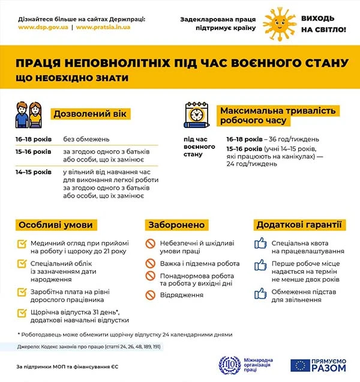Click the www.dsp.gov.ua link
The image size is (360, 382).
(42, 28)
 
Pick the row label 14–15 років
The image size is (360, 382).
(34, 172)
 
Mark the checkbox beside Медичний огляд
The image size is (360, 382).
(23, 244)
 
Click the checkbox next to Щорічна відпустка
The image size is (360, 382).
(23, 312)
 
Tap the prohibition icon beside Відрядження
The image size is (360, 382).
(151, 294)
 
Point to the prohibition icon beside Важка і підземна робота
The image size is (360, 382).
(151, 263)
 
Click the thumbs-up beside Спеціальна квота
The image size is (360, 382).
(260, 244)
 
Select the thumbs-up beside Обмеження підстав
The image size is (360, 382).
(260, 293)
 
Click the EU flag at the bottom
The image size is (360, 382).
(299, 364)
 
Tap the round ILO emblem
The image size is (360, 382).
(229, 364)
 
